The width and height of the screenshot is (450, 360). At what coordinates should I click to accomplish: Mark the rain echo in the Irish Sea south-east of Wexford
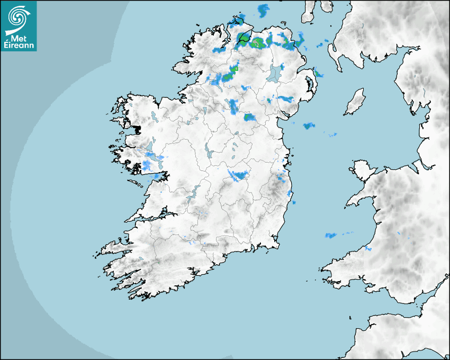(331, 235)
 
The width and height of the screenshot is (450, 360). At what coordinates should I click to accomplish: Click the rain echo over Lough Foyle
(244, 38)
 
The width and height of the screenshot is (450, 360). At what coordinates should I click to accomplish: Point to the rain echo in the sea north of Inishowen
(263, 10)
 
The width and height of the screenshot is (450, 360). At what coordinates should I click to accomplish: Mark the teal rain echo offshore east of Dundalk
(309, 126)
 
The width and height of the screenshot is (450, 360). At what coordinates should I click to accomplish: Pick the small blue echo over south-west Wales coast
(367, 249)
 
